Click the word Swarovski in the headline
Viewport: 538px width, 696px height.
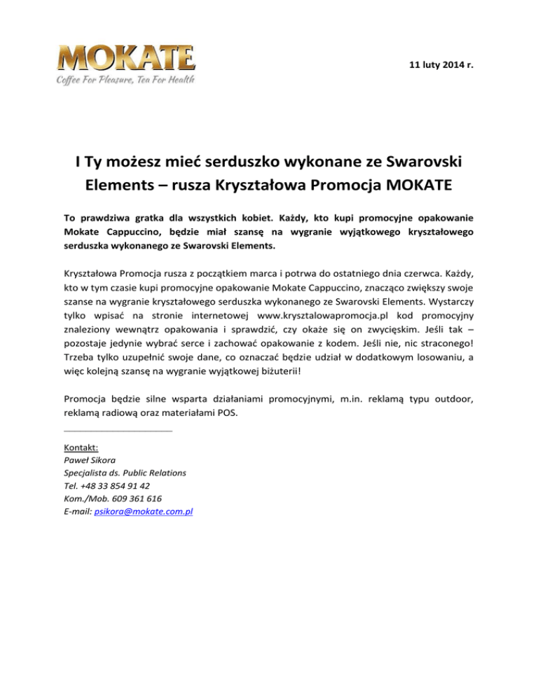(408, 165)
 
